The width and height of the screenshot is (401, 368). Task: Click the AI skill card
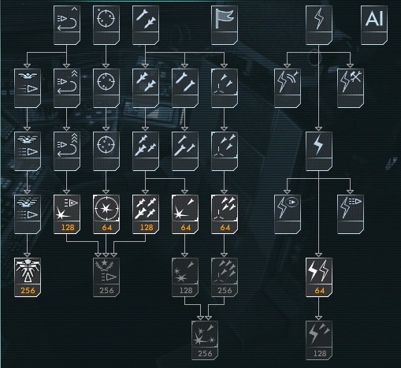374,25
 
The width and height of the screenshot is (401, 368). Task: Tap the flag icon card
225,25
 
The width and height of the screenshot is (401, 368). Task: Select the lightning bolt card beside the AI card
319,25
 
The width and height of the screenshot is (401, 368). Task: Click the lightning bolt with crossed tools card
351,88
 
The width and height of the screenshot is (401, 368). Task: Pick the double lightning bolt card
319,277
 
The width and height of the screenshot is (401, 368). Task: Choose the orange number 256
28,291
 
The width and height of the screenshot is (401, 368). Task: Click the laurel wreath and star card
106,277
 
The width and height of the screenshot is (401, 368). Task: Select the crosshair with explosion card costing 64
106,214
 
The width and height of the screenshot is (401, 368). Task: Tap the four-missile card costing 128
146,214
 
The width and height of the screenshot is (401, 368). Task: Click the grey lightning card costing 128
319,340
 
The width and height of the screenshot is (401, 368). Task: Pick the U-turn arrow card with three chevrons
67,151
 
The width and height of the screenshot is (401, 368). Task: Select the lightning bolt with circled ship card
288,214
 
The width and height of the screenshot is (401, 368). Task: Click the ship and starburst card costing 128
67,214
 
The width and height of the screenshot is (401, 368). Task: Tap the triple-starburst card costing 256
205,340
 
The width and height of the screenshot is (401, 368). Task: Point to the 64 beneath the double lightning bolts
320,291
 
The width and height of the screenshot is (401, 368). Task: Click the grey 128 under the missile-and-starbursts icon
186,291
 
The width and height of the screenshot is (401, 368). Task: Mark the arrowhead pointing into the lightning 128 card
318,318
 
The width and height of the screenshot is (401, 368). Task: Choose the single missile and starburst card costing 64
185,214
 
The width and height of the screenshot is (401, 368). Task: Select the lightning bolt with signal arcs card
288,88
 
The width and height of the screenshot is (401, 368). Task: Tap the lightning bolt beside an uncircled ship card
351,214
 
